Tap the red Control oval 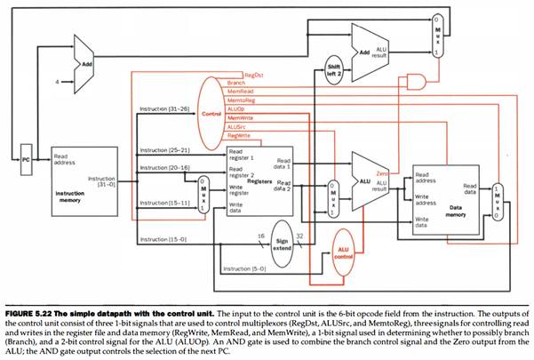[x=211, y=113]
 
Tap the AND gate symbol [x=414, y=83]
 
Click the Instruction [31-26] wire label [x=164, y=109]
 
